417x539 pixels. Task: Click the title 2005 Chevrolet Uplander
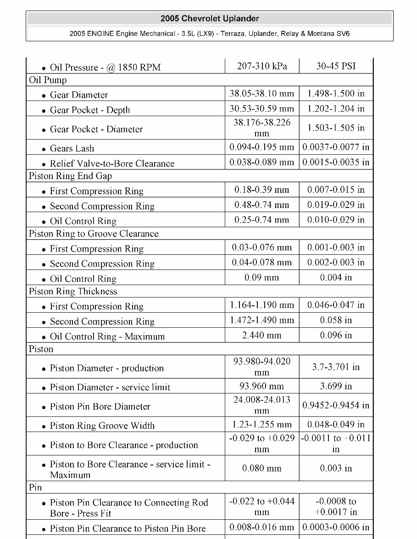(210, 19)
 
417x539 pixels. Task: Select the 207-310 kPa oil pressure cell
(262, 66)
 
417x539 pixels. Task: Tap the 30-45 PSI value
(336, 66)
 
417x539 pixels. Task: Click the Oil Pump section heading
(48, 80)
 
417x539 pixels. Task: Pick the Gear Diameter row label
(78, 95)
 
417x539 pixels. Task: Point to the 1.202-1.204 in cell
(336, 109)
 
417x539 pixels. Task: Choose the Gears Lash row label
(72, 148)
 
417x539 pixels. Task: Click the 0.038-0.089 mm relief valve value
(262, 162)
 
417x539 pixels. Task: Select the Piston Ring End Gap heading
(70, 176)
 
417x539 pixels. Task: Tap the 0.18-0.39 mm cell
(262, 190)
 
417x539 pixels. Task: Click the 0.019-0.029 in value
(336, 205)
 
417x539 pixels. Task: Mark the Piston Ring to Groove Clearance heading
(94, 234)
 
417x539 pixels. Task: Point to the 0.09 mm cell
(262, 277)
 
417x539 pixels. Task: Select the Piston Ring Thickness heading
(73, 292)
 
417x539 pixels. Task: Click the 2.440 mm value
(262, 335)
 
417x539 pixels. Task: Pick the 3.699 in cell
(336, 386)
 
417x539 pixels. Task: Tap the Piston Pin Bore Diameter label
(100, 406)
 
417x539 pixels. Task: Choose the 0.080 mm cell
(262, 468)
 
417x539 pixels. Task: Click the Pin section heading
(35, 488)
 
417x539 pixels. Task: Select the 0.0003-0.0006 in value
(336, 527)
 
